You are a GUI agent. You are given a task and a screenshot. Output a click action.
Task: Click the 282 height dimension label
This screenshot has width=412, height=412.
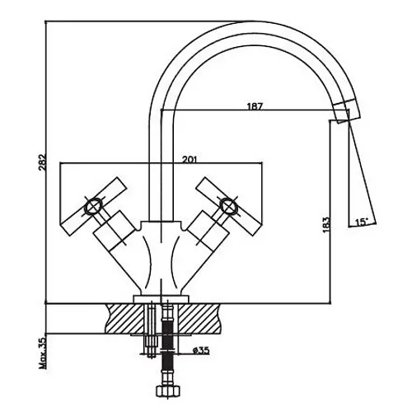tap(43, 162)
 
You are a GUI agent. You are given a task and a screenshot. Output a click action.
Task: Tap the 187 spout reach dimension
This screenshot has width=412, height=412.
tap(255, 106)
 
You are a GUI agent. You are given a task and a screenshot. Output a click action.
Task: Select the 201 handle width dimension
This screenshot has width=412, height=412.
tap(190, 159)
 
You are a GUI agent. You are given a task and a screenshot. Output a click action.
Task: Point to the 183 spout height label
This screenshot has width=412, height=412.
tap(326, 225)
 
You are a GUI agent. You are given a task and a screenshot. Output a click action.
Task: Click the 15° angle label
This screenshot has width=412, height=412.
tap(361, 222)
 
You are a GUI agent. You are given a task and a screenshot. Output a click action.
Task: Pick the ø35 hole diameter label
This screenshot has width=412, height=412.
tap(201, 350)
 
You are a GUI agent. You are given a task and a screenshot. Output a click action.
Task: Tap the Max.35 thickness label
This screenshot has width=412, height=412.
tap(43, 353)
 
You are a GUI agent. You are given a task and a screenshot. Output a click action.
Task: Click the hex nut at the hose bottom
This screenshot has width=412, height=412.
tap(167, 391)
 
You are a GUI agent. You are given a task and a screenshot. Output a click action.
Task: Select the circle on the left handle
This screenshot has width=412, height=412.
tap(93, 206)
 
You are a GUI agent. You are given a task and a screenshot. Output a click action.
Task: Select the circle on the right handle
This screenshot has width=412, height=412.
tap(228, 206)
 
